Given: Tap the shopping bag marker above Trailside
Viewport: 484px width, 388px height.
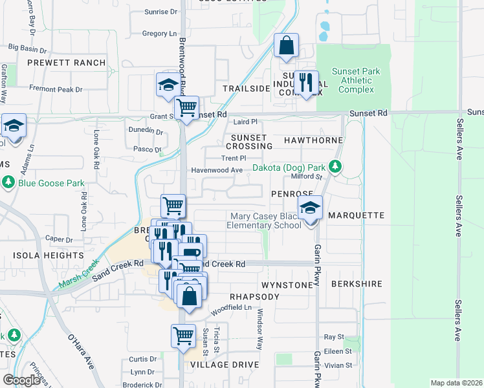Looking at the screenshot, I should pyautogui.click(x=285, y=47).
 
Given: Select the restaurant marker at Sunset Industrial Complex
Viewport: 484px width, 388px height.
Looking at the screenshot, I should pyautogui.click(x=306, y=83).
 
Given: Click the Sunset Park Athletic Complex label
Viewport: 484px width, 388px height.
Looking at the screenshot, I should pyautogui.click(x=356, y=80).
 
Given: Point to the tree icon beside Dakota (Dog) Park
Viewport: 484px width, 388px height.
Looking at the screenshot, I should pyautogui.click(x=335, y=167).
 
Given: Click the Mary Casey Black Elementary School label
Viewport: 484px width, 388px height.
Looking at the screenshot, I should pyautogui.click(x=263, y=221).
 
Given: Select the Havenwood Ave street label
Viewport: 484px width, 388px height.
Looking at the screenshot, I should pyautogui.click(x=216, y=171).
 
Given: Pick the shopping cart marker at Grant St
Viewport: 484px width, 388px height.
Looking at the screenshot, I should pyautogui.click(x=186, y=108).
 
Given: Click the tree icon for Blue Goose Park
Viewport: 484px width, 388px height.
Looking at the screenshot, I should pyautogui.click(x=8, y=183).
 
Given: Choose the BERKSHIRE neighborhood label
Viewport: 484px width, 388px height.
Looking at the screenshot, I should pyautogui.click(x=357, y=284).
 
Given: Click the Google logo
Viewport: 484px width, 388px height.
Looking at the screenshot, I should pyautogui.click(x=21, y=380).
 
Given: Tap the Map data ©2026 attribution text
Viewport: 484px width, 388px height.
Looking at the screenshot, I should pyautogui.click(x=456, y=383).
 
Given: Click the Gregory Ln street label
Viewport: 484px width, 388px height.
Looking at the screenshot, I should pyautogui.click(x=159, y=34).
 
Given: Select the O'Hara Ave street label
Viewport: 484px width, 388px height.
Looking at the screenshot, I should pyautogui.click(x=81, y=351).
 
